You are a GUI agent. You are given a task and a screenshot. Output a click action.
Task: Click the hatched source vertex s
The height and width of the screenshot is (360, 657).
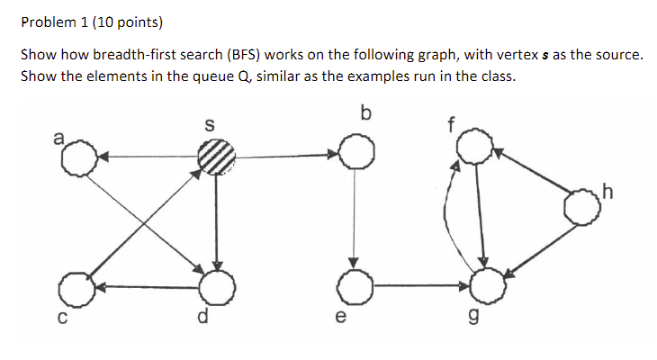pyautogui.click(x=216, y=157)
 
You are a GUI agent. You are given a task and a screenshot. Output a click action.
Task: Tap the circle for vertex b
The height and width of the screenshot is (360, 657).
pyautogui.click(x=355, y=154)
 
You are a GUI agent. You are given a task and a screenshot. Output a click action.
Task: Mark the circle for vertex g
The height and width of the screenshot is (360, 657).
pyautogui.click(x=487, y=287)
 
